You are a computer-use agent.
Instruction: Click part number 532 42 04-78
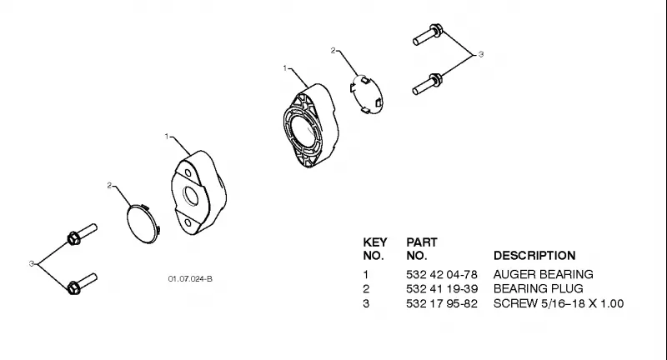(442, 274)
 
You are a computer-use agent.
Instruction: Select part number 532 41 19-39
(442, 289)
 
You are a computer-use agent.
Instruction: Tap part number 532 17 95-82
(442, 304)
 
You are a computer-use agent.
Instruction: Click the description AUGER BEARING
(544, 274)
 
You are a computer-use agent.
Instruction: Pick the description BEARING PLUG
(538, 289)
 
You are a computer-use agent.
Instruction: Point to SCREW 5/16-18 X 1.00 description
(559, 304)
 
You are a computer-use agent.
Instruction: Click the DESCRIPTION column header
(534, 256)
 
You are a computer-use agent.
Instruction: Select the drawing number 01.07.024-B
(190, 279)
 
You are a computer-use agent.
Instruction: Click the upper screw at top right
(428, 34)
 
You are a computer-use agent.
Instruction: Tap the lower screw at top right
(428, 84)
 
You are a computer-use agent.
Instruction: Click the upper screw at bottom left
(82, 234)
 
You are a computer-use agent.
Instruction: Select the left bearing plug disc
(143, 223)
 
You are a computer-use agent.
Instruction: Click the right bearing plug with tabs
(367, 95)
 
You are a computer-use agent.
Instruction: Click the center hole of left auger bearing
(191, 196)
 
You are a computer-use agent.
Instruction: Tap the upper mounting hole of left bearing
(188, 172)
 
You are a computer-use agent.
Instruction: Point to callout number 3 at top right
(481, 54)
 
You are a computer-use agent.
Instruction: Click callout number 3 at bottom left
(31, 264)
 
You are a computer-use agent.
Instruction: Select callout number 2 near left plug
(109, 185)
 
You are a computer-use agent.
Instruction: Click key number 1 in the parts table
(365, 274)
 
